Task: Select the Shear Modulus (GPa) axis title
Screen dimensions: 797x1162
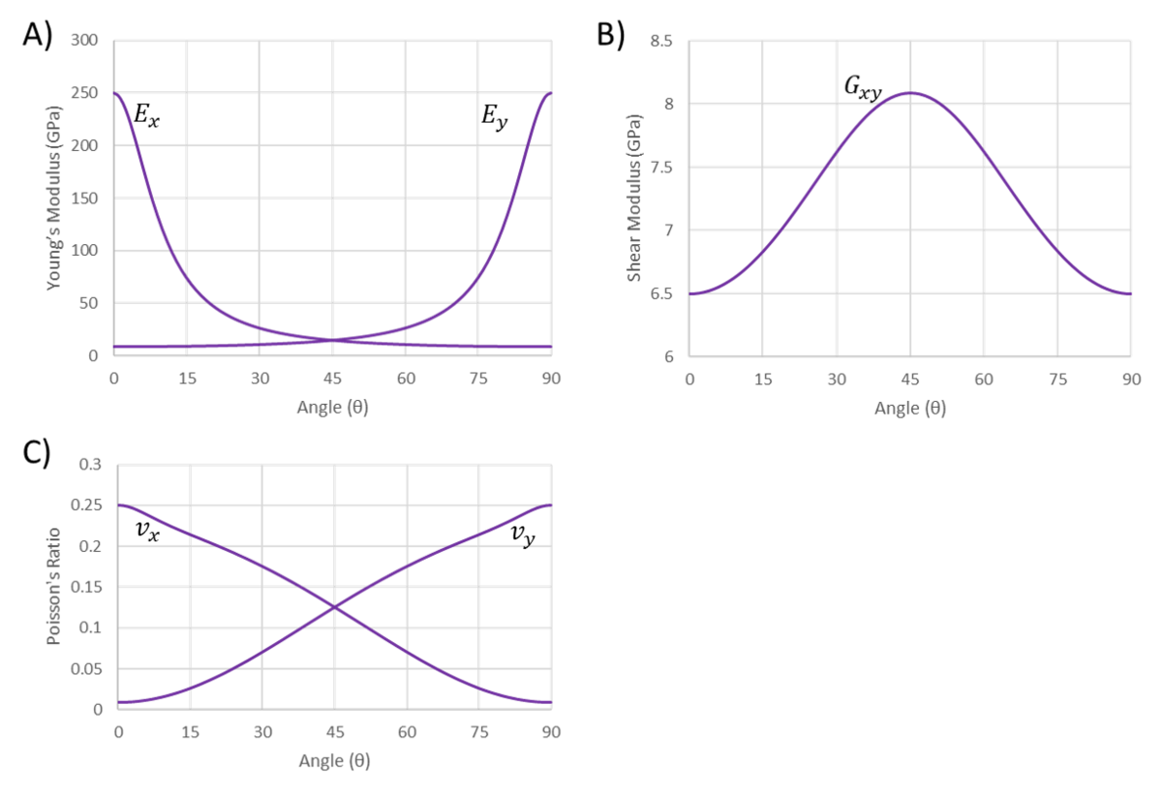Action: [634, 198]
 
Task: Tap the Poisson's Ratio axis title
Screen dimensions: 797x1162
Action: [54, 587]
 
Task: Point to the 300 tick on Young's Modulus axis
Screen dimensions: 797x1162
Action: [83, 41]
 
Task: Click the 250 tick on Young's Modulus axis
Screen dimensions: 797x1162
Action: [83, 94]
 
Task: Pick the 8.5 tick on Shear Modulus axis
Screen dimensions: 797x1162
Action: [662, 41]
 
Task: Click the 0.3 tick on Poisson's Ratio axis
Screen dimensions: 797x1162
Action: [89, 465]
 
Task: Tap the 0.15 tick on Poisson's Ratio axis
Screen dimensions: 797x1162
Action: [87, 587]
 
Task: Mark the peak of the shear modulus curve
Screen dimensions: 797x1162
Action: [910, 93]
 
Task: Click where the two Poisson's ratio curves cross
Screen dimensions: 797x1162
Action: [334, 607]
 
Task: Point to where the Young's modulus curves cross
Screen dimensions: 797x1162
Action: [333, 340]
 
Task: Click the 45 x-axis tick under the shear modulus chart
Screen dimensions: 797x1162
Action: [910, 379]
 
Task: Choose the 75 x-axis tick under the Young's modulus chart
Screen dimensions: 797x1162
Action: [478, 379]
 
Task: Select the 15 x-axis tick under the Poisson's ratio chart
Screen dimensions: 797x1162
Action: [190, 732]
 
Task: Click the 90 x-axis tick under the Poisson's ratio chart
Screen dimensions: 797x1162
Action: [551, 732]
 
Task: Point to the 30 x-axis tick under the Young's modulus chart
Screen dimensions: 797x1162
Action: [260, 379]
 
